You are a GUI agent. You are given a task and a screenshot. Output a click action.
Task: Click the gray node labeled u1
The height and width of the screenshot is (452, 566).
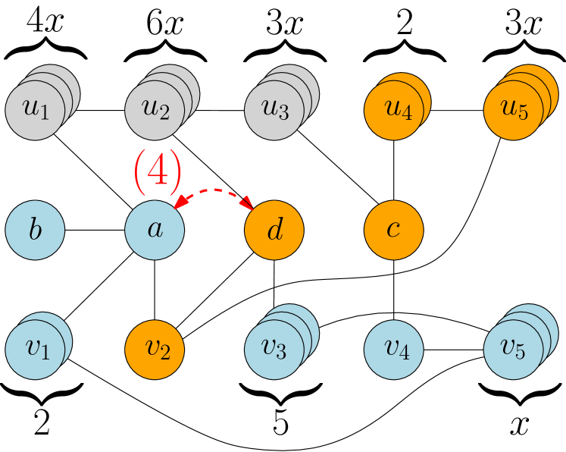[x=35, y=111]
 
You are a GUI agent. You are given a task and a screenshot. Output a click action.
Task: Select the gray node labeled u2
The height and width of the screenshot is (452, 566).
[x=155, y=111]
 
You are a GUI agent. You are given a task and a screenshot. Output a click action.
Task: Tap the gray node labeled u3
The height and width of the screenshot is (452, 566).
[x=274, y=111]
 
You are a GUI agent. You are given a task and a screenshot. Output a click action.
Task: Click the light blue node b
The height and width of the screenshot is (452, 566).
[x=35, y=230]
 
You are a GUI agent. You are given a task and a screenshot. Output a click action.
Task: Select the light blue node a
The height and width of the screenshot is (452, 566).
[x=155, y=230]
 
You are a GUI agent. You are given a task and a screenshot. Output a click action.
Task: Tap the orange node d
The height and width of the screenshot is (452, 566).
[x=274, y=230]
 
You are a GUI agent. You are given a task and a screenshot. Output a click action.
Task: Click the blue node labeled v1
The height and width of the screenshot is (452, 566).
[x=35, y=350]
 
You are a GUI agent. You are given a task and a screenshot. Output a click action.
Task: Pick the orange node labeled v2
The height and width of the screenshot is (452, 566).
[x=155, y=350]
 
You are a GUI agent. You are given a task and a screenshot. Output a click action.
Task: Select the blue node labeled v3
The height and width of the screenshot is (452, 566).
[x=274, y=350]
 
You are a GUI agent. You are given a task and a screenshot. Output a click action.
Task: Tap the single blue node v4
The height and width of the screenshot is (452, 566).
[x=394, y=350]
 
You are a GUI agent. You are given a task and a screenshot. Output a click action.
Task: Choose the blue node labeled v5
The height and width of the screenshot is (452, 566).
[x=514, y=350]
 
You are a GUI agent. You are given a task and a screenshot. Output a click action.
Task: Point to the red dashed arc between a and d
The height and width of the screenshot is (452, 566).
[x=215, y=190]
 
